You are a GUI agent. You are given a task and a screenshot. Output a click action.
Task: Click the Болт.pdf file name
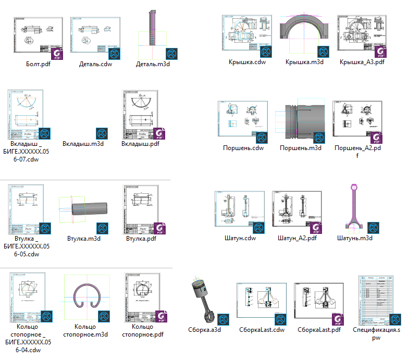click(38, 64)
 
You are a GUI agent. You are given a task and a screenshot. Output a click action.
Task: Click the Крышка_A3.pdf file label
click(362, 62)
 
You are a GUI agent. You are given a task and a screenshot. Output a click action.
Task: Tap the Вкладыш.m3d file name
click(83, 144)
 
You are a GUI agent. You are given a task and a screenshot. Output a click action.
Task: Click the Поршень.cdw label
click(243, 148)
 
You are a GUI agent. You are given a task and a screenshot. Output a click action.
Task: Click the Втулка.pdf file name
click(141, 239)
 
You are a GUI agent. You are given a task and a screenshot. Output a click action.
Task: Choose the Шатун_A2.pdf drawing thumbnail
click(298, 209)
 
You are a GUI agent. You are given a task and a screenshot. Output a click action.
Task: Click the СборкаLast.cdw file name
click(262, 329)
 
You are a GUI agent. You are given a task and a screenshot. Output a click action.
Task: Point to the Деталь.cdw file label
click(96, 64)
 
